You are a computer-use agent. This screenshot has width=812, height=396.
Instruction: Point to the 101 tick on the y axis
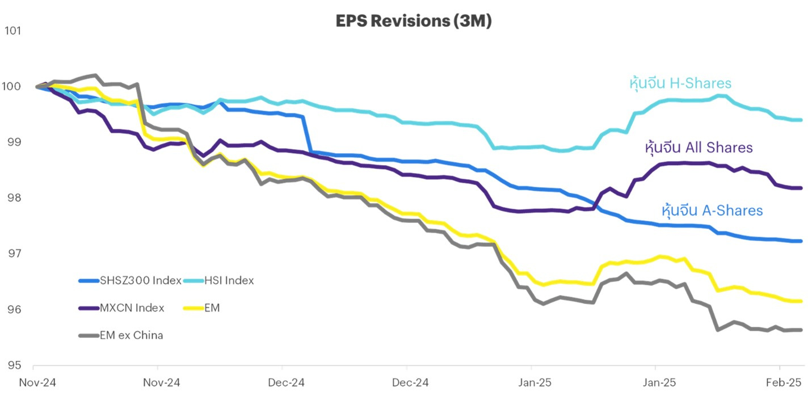coord(12,31)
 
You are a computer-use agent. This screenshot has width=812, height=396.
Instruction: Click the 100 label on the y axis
coord(12,87)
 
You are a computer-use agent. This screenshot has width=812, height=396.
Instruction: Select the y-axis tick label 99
coord(12,142)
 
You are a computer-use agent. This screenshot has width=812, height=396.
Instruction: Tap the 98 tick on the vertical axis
coord(12,198)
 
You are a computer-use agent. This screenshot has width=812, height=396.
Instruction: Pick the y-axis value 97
coord(12,254)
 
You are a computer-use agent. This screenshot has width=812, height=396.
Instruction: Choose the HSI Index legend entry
coord(227,280)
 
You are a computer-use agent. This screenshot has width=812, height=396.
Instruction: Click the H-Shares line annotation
coord(680,83)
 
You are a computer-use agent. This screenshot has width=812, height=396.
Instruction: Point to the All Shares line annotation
coord(699,148)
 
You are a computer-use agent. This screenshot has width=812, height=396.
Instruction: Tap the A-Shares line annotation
coord(712,210)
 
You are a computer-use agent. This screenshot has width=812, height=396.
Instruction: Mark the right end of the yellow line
coord(801,301)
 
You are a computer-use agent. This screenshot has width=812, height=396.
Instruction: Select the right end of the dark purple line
coord(801,188)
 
